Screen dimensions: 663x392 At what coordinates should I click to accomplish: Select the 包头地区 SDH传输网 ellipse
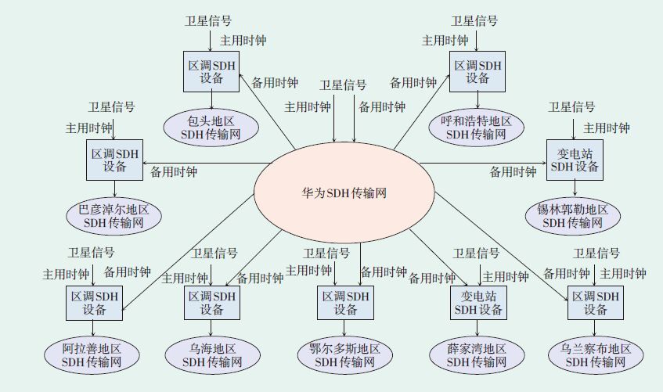pos(211,128)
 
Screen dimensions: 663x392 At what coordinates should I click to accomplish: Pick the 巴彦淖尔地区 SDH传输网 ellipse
pos(114,216)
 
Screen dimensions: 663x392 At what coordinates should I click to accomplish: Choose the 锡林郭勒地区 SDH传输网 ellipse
pos(574,216)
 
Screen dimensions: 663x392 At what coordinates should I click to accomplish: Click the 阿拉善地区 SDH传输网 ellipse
pos(92,355)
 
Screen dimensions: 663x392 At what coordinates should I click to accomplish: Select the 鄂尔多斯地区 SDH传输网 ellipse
pos(344,355)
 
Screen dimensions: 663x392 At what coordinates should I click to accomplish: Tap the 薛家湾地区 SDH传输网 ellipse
pos(477,355)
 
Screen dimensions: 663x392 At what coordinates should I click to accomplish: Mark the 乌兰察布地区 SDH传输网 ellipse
pos(596,355)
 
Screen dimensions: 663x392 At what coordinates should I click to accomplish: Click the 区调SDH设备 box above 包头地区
pos(211,71)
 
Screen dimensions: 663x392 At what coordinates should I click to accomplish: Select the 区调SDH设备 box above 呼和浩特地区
pos(478,71)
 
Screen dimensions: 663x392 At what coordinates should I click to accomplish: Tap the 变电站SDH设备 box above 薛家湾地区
pos(477,303)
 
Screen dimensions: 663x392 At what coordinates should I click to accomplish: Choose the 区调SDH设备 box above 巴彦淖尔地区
pos(114,160)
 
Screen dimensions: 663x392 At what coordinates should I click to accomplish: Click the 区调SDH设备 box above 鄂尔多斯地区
pos(345,303)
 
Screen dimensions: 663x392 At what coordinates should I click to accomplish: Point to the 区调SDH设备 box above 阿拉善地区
pos(93,303)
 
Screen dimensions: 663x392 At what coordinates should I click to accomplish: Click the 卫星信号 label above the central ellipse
pos(343,85)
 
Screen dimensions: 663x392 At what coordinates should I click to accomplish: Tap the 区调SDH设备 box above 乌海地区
pos(211,303)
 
